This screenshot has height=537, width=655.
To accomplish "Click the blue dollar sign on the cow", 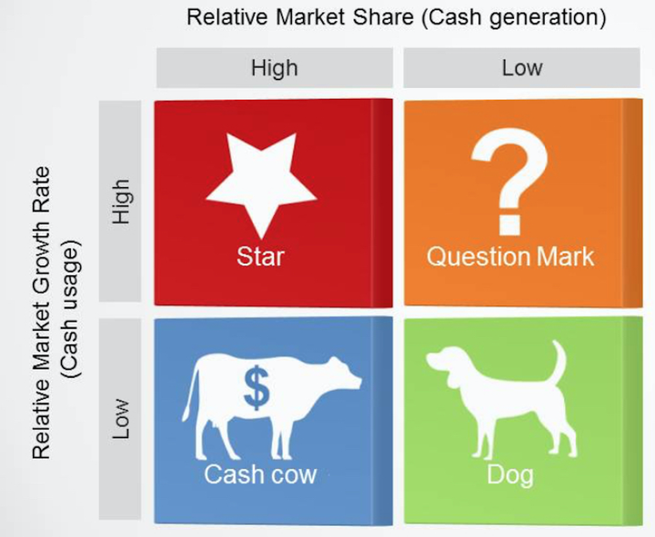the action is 257,388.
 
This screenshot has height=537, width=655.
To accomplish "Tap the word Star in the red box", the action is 261,256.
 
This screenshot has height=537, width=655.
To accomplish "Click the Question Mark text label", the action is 510,256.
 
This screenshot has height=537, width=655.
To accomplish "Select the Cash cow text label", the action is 260,474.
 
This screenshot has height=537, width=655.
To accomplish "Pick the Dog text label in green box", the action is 510,475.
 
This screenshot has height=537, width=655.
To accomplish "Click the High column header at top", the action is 275,67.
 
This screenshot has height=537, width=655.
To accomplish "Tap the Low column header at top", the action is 522,67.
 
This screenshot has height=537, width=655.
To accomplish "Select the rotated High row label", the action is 121,202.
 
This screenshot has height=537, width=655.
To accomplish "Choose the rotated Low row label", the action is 121,419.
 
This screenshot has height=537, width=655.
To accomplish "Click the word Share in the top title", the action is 383,17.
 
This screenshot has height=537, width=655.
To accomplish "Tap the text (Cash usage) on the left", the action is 69,309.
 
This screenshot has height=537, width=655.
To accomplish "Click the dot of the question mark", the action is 509,225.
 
